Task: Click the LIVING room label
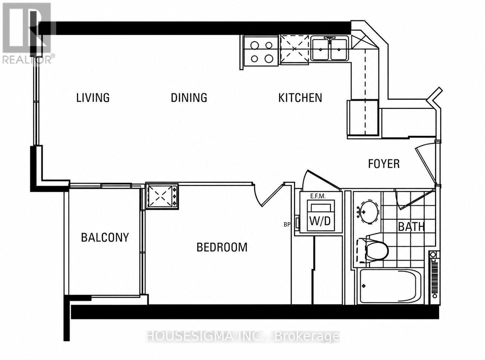93,98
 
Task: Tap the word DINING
189,98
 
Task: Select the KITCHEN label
300,98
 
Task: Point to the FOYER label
384,164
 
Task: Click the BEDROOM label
222,247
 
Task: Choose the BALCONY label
105,237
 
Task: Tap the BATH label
411,227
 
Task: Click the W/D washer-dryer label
320,221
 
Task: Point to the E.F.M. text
318,196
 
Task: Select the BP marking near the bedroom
287,225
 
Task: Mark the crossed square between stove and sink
294,49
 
